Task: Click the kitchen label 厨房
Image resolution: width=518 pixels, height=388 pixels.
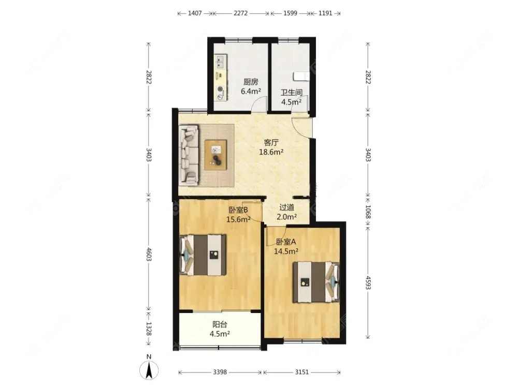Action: (x=251, y=82)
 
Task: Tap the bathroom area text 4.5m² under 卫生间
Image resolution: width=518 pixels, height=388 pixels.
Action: (x=291, y=101)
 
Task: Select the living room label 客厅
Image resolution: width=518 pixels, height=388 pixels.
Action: (x=271, y=143)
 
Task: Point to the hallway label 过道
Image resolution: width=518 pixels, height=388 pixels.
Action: (x=286, y=207)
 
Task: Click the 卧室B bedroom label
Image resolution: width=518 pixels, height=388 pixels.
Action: (x=238, y=210)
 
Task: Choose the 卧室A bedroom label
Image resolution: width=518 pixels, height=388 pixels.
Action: (x=286, y=242)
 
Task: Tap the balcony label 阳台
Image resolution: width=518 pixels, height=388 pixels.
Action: (x=220, y=324)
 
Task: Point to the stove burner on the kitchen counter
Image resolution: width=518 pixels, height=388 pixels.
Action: (x=220, y=89)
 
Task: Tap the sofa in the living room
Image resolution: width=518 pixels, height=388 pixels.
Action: (x=189, y=154)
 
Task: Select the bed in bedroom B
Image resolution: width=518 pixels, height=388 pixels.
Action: (x=203, y=255)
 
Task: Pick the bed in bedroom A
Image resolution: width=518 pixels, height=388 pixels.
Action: (x=316, y=282)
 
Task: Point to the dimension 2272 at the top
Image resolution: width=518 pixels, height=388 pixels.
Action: (x=240, y=13)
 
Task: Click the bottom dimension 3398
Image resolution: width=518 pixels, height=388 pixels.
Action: (x=220, y=372)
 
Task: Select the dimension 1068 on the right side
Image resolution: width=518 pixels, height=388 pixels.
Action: (x=368, y=212)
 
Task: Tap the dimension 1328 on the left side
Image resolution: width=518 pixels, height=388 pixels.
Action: (x=149, y=329)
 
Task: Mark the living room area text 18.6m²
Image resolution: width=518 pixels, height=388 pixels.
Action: (x=271, y=152)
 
